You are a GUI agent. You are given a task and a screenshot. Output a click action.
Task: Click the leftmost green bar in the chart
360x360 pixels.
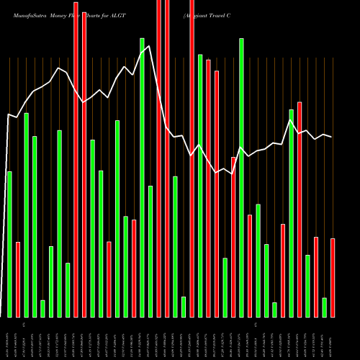pyautogui.click(x=9, y=244)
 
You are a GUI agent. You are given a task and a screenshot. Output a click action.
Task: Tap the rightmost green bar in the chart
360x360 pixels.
pyautogui.click(x=325, y=307)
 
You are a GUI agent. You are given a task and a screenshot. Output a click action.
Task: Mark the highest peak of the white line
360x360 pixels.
pyautogui.click(x=149, y=47)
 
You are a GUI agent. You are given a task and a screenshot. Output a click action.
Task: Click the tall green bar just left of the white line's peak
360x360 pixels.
pyautogui.click(x=142, y=177)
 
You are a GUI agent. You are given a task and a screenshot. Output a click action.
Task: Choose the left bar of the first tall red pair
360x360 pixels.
pyautogui.click(x=76, y=159)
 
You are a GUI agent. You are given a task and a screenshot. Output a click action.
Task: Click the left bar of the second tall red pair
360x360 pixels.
pyautogui.click(x=158, y=158)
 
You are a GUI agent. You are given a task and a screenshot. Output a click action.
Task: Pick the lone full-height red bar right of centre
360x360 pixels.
pyautogui.click(x=192, y=158)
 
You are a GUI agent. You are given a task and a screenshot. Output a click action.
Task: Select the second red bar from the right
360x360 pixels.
pyautogui.click(x=316, y=276)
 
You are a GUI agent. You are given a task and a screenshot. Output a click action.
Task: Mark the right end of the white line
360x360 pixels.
pyautogui.click(x=331, y=137)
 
